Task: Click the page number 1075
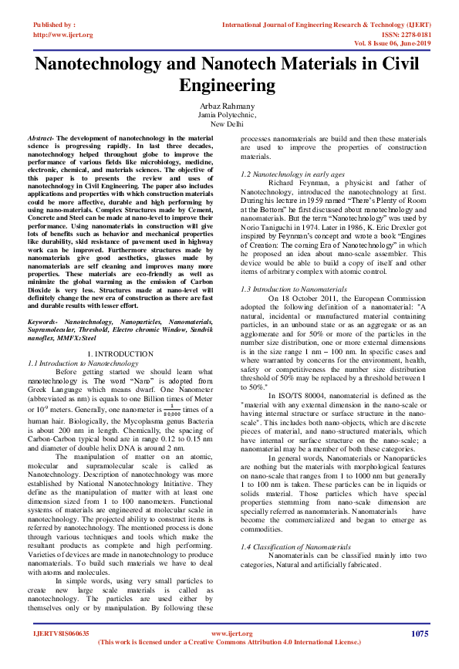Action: pos(419,634)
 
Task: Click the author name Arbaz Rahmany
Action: pos(228,106)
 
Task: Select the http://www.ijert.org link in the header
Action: pos(62,35)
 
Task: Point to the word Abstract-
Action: pos(42,135)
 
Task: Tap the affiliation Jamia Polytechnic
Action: pos(228,114)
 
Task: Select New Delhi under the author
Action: pos(228,123)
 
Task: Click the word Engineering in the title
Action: pos(228,84)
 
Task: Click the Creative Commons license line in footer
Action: pos(230,642)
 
